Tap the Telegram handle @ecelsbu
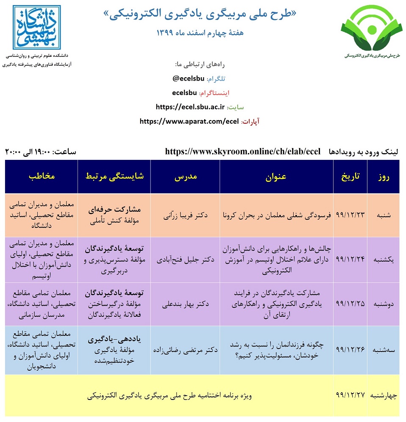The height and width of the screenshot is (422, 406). point(188,79)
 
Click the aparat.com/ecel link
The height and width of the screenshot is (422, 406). point(189,121)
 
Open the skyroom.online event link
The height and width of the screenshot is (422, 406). point(243,151)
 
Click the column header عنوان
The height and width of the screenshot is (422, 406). point(276,177)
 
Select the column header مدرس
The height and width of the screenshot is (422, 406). point(185,177)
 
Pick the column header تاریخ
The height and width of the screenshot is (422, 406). point(350,177)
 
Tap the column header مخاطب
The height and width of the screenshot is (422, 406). point(42,177)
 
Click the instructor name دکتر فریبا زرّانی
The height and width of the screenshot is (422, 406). point(185,215)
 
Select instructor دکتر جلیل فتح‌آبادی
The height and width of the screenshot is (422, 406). point(185,259)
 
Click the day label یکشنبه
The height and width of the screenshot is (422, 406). point(384,259)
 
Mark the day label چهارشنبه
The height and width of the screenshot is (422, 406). point(384,396)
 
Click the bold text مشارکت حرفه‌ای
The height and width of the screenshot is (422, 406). point(114,210)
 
